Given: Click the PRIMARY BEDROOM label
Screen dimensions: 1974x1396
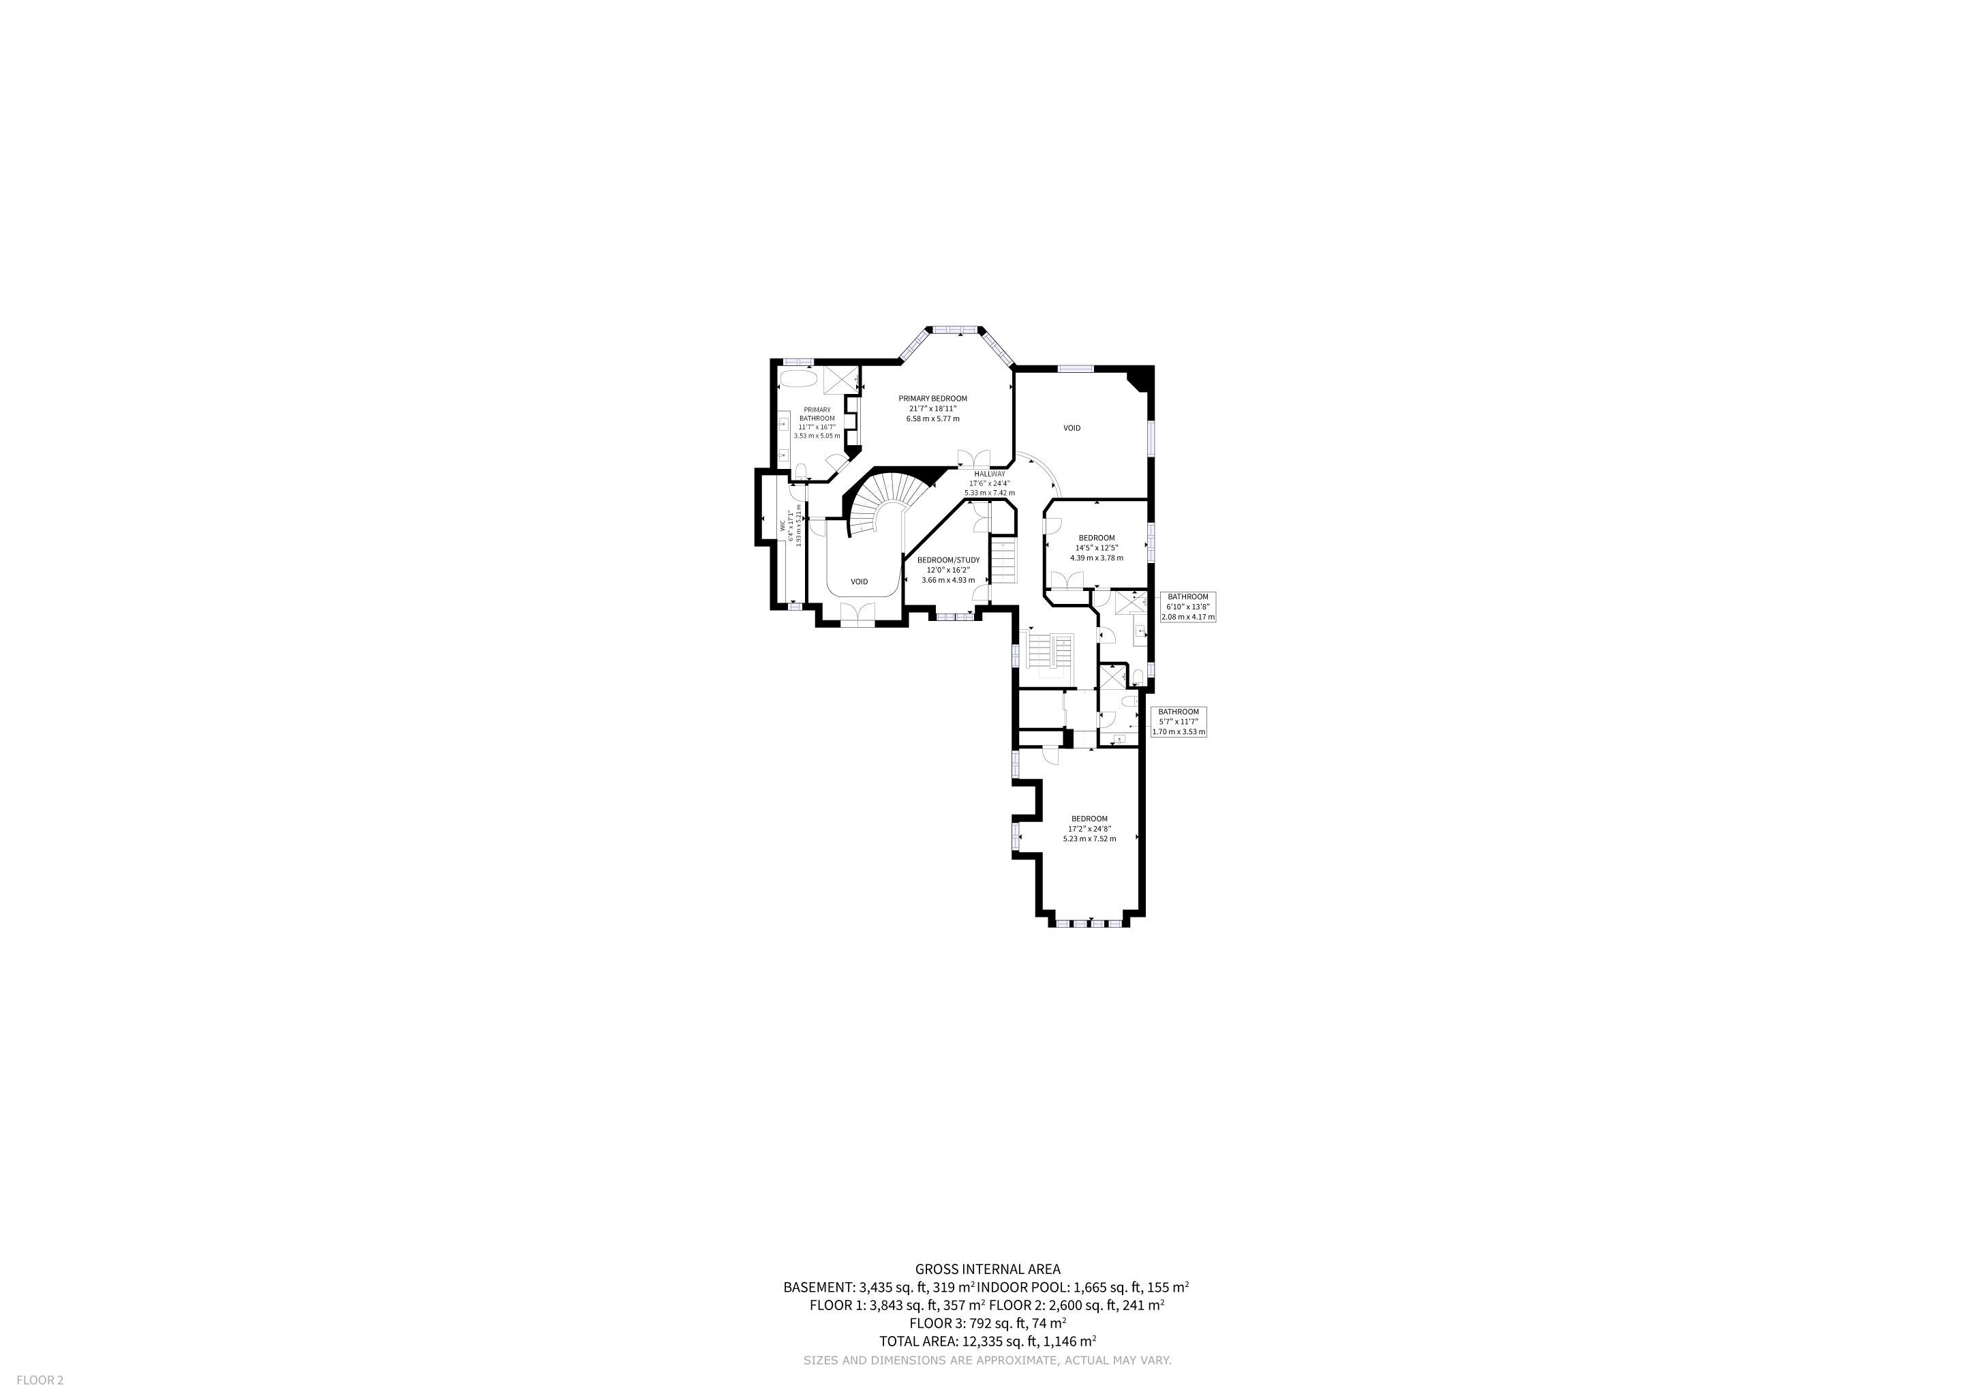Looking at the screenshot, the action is (x=933, y=399).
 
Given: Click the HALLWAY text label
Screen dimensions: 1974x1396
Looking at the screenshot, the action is (x=990, y=474).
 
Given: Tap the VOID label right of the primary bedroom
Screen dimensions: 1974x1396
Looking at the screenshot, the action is (x=1072, y=428).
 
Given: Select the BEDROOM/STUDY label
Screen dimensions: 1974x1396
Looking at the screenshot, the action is (x=948, y=560).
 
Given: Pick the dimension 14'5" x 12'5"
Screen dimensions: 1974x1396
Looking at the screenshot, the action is (x=1096, y=547).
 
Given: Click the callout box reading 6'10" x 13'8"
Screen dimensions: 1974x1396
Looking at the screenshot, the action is (x=1187, y=607).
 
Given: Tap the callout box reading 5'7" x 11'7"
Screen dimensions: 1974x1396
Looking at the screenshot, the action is (x=1178, y=722).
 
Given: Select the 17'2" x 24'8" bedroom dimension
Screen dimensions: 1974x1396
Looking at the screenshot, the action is (x=1089, y=829).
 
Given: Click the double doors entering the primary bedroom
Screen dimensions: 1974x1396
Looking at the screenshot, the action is (x=974, y=458).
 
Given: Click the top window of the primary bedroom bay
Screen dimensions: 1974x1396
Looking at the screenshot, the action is (x=955, y=329).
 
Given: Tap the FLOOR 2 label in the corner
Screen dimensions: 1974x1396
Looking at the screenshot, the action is (x=40, y=1380).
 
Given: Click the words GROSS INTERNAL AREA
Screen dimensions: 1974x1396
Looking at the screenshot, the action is (x=987, y=1269).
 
